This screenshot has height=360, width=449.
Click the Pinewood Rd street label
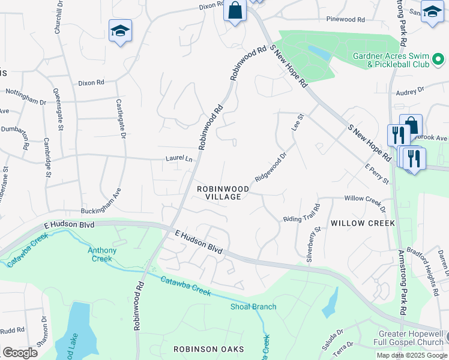[345, 20]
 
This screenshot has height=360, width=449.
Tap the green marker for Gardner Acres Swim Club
[438, 59]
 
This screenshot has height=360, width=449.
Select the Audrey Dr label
[410, 91]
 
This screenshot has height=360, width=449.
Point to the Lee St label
[295, 123]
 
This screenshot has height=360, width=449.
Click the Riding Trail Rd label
[302, 212]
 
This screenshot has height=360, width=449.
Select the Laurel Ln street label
[179, 159]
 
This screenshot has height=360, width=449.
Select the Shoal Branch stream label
[253, 307]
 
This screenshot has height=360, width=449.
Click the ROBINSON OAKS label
[208, 349]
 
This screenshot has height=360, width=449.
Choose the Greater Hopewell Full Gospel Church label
[410, 338]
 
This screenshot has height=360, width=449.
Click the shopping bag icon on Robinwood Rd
[235, 10]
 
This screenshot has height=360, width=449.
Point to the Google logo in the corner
[20, 353]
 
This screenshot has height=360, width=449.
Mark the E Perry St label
[378, 174]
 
